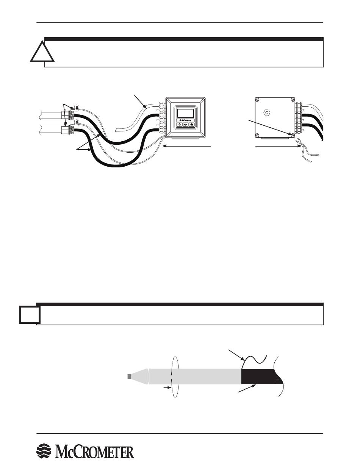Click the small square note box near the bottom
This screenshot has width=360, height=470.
30,314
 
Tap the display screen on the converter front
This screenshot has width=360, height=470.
185,113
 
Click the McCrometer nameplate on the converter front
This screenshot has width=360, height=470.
185,120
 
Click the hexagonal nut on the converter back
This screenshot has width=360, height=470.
266,112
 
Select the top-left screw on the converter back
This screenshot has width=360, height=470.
257,100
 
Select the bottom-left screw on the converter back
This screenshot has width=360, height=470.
257,136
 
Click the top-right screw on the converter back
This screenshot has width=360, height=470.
293,100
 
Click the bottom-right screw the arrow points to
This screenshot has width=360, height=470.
293,135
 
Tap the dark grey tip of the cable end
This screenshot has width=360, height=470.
129,376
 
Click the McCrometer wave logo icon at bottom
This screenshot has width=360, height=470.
44,451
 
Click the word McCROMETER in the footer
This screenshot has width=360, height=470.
94,451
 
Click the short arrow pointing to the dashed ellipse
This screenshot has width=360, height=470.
167,388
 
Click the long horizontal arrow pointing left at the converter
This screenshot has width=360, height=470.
186,146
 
